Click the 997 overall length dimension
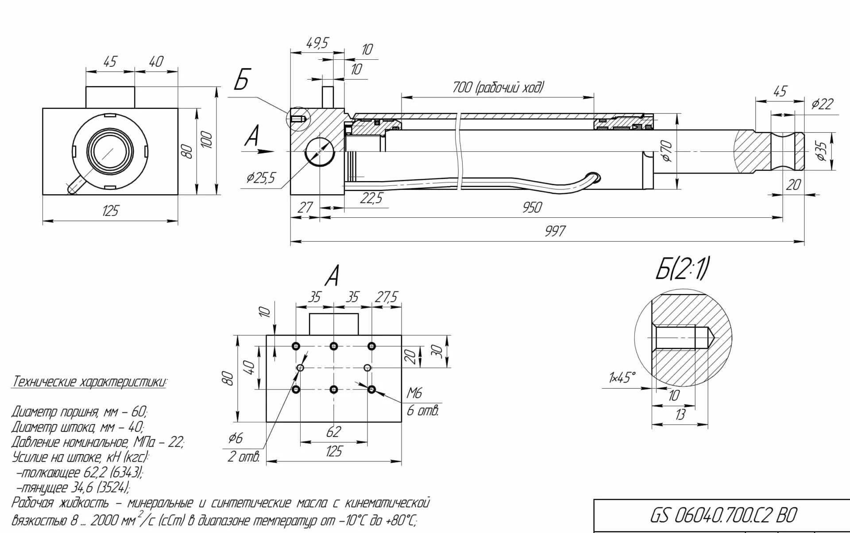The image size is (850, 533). tap(555, 231)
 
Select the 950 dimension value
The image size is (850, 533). tap(532, 207)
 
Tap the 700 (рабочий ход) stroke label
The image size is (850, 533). tap(498, 88)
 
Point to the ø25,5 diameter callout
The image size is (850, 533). tap(261, 178)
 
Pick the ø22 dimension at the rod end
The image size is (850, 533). tap(822, 104)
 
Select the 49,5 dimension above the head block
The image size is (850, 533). tap(317, 43)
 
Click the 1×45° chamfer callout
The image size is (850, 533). tap(622, 378)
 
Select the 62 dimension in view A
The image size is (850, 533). tap(333, 432)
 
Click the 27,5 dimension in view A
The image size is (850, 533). tap(386, 297)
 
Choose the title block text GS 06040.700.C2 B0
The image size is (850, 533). tap(723, 515)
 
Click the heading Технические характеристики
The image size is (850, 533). tap(89, 382)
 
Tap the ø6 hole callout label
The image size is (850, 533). tap(236, 438)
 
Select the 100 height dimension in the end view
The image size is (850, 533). tap(207, 140)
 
